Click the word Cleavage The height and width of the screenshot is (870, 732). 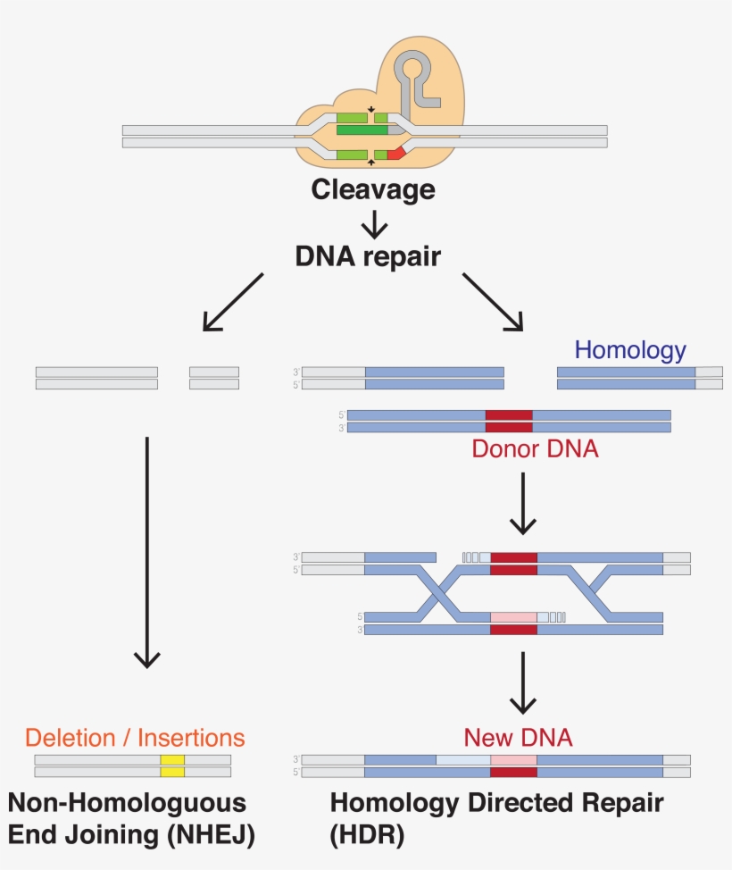372,189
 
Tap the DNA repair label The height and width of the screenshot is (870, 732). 368,256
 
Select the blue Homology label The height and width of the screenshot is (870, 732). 630,349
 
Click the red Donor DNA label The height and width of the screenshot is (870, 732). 535,448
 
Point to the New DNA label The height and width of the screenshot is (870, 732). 518,738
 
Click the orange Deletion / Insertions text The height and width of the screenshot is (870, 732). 134,738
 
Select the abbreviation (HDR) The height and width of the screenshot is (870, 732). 367,835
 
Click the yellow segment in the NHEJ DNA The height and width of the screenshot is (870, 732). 172,765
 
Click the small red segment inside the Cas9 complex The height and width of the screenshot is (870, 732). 395,155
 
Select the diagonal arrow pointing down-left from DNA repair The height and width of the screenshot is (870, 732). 232,302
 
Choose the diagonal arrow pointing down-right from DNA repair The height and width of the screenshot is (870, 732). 494,302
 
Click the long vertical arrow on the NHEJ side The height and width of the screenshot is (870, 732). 146,549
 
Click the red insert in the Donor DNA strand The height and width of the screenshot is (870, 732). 509,422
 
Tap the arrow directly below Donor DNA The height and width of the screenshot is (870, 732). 522,502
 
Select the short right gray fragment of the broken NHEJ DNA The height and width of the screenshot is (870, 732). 214,378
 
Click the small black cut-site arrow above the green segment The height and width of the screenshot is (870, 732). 371,110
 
